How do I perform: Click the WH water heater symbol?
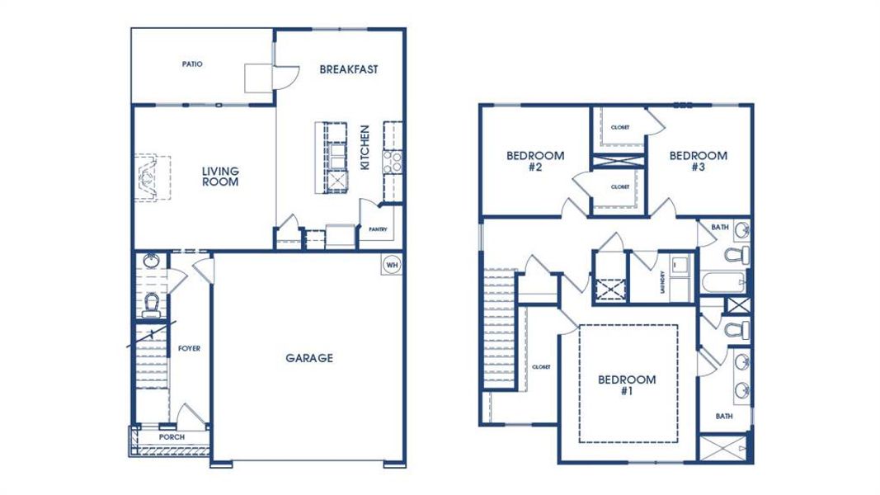point(392,265)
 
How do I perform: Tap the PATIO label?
point(192,64)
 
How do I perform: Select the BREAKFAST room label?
point(349,69)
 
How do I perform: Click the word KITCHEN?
point(365,148)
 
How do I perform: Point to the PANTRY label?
point(379,229)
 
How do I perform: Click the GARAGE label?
point(309,358)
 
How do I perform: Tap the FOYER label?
point(190,348)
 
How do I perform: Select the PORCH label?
point(172,436)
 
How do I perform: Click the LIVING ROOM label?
point(221,177)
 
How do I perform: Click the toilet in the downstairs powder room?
point(151,305)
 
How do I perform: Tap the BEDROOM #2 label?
point(535,161)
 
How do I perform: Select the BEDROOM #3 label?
point(698,161)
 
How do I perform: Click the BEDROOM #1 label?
point(627,385)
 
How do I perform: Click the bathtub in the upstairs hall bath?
point(725,284)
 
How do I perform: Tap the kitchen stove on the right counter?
point(393,161)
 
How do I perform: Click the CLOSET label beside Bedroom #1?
point(541,366)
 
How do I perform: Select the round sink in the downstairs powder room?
point(151,261)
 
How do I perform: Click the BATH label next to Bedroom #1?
point(724,416)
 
